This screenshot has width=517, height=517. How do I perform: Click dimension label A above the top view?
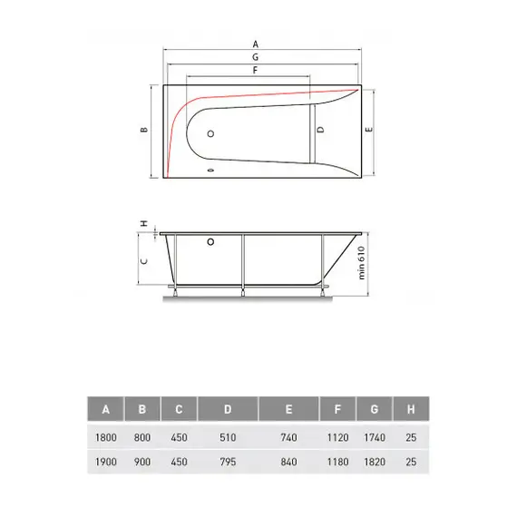(256, 44)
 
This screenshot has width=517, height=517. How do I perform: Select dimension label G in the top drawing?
(256, 56)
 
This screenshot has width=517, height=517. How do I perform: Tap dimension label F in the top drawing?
(256, 70)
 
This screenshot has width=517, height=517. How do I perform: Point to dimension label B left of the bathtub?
(143, 131)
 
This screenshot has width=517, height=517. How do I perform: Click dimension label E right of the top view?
(368, 131)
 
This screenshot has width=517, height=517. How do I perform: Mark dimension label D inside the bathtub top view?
(320, 131)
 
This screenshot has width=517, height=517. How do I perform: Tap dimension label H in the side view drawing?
(143, 223)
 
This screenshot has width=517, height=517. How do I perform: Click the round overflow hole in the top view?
(211, 133)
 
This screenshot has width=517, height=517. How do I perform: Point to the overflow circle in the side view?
(211, 242)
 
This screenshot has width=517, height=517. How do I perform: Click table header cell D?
(227, 410)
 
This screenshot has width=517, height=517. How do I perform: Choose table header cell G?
(374, 410)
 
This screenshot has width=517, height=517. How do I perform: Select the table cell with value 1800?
(105, 436)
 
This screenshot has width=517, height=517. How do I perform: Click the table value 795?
(227, 461)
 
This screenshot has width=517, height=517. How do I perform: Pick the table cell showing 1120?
(337, 436)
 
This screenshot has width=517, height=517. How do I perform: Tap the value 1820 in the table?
(374, 461)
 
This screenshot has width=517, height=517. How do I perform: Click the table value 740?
(288, 436)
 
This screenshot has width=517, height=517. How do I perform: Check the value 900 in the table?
(141, 461)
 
